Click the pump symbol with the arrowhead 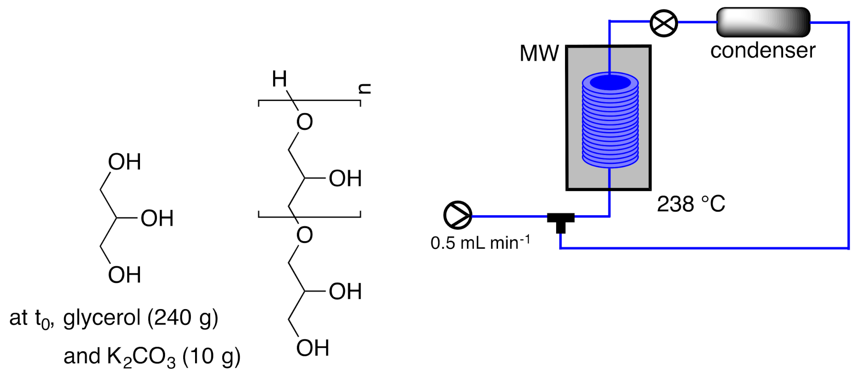458,215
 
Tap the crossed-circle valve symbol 663,23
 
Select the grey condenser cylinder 763,22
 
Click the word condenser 763,51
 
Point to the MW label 539,54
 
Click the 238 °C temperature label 691,204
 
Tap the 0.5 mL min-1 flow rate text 480,243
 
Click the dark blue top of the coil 610,83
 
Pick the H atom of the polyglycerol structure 280,79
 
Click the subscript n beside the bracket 364,89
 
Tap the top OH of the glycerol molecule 124,162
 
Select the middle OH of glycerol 157,218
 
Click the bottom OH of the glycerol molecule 124,275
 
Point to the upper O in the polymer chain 305,122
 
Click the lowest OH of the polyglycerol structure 313,348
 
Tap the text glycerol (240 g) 141,318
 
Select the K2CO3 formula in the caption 141,356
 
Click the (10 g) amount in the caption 211,356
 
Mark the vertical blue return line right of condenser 848,136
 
